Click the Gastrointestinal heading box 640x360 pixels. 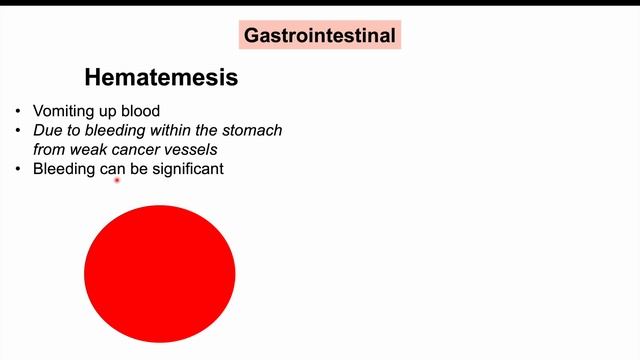pyautogui.click(x=321, y=37)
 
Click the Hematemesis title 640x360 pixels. pyautogui.click(x=161, y=77)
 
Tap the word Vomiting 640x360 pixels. pyautogui.click(x=63, y=112)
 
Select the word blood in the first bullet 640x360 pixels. pyautogui.click(x=141, y=112)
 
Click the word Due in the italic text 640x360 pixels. pyautogui.click(x=47, y=131)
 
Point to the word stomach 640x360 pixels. pyautogui.click(x=255, y=131)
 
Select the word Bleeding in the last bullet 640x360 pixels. pyautogui.click(x=64, y=169)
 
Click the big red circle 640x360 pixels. pyautogui.click(x=159, y=272)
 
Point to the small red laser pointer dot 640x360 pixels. pyautogui.click(x=118, y=180)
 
